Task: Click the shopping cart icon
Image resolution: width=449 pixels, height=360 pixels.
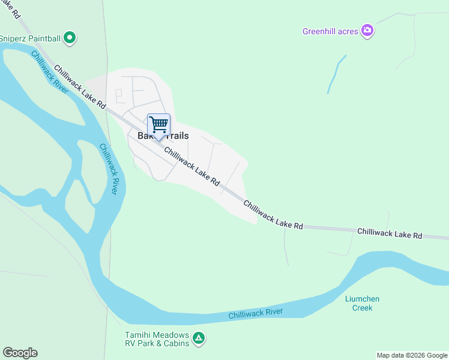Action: [x=158, y=125]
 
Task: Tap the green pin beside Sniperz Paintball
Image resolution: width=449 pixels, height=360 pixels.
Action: [x=70, y=38]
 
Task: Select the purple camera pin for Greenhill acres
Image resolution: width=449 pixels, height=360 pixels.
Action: [x=367, y=30]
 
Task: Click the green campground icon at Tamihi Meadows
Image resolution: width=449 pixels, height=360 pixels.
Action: [x=199, y=339]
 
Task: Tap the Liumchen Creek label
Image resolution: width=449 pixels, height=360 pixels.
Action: [x=363, y=303]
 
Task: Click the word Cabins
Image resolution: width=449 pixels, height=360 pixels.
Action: [x=175, y=343]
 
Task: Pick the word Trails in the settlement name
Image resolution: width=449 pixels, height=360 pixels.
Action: [x=175, y=136]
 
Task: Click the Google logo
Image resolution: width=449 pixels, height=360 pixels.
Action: [x=20, y=353]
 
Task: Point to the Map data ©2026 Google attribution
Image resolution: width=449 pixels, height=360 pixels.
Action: [x=412, y=355]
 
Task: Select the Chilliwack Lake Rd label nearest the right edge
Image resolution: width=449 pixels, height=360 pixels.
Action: [x=390, y=233]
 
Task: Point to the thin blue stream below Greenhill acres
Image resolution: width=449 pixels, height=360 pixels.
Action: [x=336, y=75]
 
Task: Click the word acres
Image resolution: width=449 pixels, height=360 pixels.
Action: [x=349, y=31]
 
